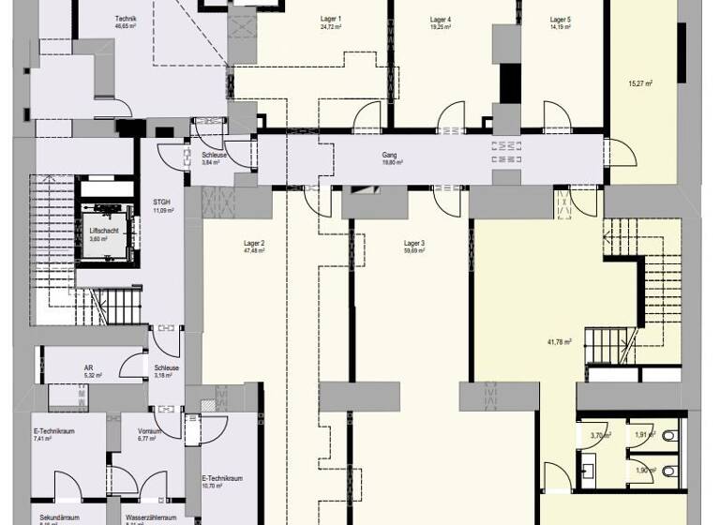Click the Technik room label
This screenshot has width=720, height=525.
[x=126, y=19]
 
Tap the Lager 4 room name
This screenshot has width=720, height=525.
[x=441, y=20]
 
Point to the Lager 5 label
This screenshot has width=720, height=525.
[x=561, y=20]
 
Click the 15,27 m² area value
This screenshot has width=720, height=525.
[x=640, y=82]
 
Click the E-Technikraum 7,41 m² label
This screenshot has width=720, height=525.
[x=54, y=431]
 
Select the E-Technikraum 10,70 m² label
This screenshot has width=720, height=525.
[x=222, y=478]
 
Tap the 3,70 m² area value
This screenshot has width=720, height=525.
[x=600, y=436]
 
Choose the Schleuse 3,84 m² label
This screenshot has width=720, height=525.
[x=211, y=155]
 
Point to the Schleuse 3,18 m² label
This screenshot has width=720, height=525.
[x=167, y=368]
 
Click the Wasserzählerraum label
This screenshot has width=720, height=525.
[x=151, y=517]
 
